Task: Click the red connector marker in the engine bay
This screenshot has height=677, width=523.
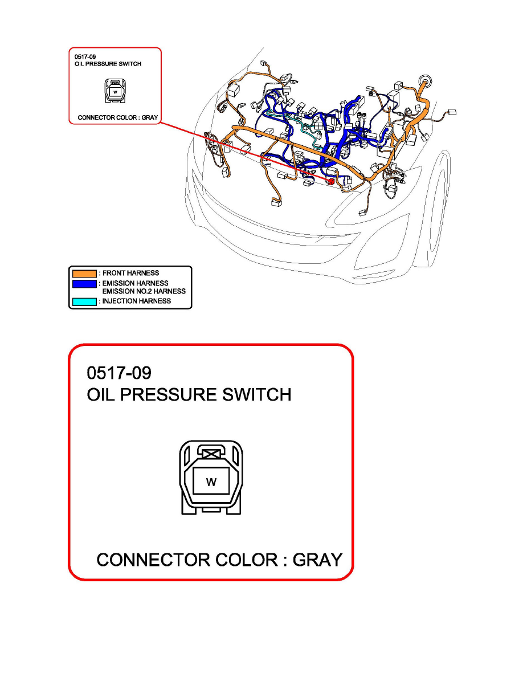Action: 330,180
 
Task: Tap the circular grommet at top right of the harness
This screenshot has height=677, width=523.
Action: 424,80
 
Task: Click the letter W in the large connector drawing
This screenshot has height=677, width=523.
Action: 211,482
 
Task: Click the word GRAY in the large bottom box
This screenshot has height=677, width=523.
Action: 317,560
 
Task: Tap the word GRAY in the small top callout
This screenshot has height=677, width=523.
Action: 149,118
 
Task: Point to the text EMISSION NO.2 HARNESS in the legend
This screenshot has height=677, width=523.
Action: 143,291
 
